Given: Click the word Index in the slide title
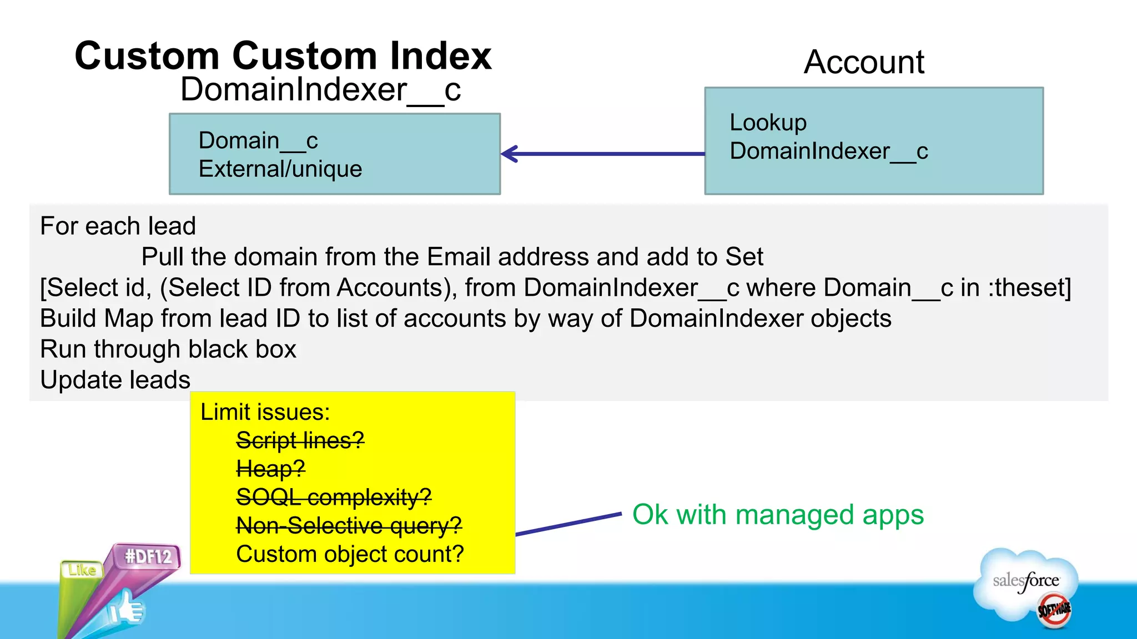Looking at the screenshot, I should click(440, 56).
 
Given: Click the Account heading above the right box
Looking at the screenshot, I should click(864, 62).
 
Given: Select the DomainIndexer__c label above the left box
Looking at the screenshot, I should click(320, 90).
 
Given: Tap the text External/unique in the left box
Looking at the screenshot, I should click(280, 169).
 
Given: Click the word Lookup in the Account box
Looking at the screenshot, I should click(768, 123).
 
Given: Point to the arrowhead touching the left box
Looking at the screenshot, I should click(508, 154).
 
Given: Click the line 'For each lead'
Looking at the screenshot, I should click(118, 226).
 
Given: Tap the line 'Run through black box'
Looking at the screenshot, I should click(168, 349).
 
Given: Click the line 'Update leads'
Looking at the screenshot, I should click(115, 380).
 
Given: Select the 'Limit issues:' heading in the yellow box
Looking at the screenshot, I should click(265, 412).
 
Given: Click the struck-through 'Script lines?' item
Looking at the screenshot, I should click(300, 440).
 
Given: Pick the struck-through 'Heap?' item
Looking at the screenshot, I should click(270, 469).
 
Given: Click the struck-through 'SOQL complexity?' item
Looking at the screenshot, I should click(334, 497).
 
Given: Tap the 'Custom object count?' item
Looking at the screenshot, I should click(350, 554).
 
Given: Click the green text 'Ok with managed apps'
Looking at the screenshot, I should click(778, 515).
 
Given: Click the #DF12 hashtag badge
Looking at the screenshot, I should click(148, 556).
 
